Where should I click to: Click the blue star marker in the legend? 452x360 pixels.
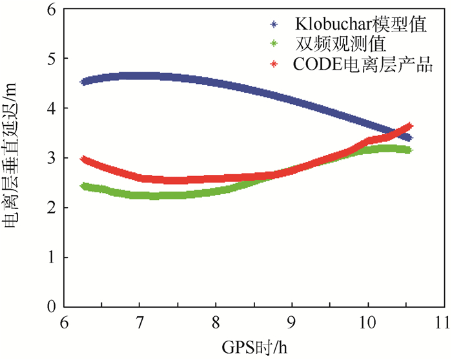pos(274,25)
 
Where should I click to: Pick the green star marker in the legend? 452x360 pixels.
pos(274,45)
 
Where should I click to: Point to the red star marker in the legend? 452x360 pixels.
pos(274,65)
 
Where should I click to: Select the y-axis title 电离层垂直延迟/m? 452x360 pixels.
pos(14,158)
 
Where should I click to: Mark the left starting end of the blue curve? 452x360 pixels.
pos(84,82)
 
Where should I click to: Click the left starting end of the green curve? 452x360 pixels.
pos(84,186)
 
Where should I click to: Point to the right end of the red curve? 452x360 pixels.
pos(409,126)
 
